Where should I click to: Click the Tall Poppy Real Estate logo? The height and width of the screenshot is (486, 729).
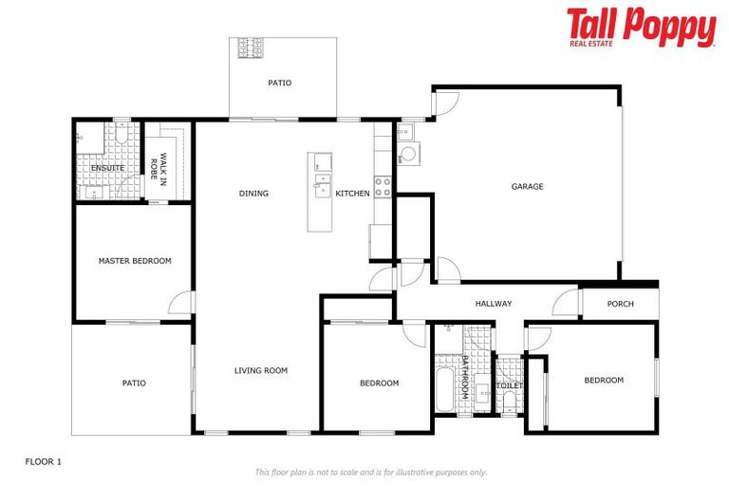point(641,28)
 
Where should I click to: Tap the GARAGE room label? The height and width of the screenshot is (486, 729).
point(528,186)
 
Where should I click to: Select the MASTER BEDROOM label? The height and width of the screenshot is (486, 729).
point(135,260)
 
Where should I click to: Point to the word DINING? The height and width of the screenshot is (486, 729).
point(253,194)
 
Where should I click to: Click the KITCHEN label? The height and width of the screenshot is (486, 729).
point(352,194)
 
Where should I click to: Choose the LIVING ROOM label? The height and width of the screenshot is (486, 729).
point(260,370)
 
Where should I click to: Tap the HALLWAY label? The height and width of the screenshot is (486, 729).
point(494,304)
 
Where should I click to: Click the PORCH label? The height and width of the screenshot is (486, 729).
point(620,304)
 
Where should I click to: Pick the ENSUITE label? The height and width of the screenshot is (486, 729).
point(107,169)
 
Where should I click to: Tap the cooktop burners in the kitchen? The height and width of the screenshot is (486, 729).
point(383,186)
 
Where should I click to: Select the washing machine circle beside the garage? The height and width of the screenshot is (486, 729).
point(409,156)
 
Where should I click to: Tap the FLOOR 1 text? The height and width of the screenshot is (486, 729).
point(43,461)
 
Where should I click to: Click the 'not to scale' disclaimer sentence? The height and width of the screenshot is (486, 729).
point(370,472)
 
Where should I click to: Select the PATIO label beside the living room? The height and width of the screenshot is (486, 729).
point(134,383)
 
